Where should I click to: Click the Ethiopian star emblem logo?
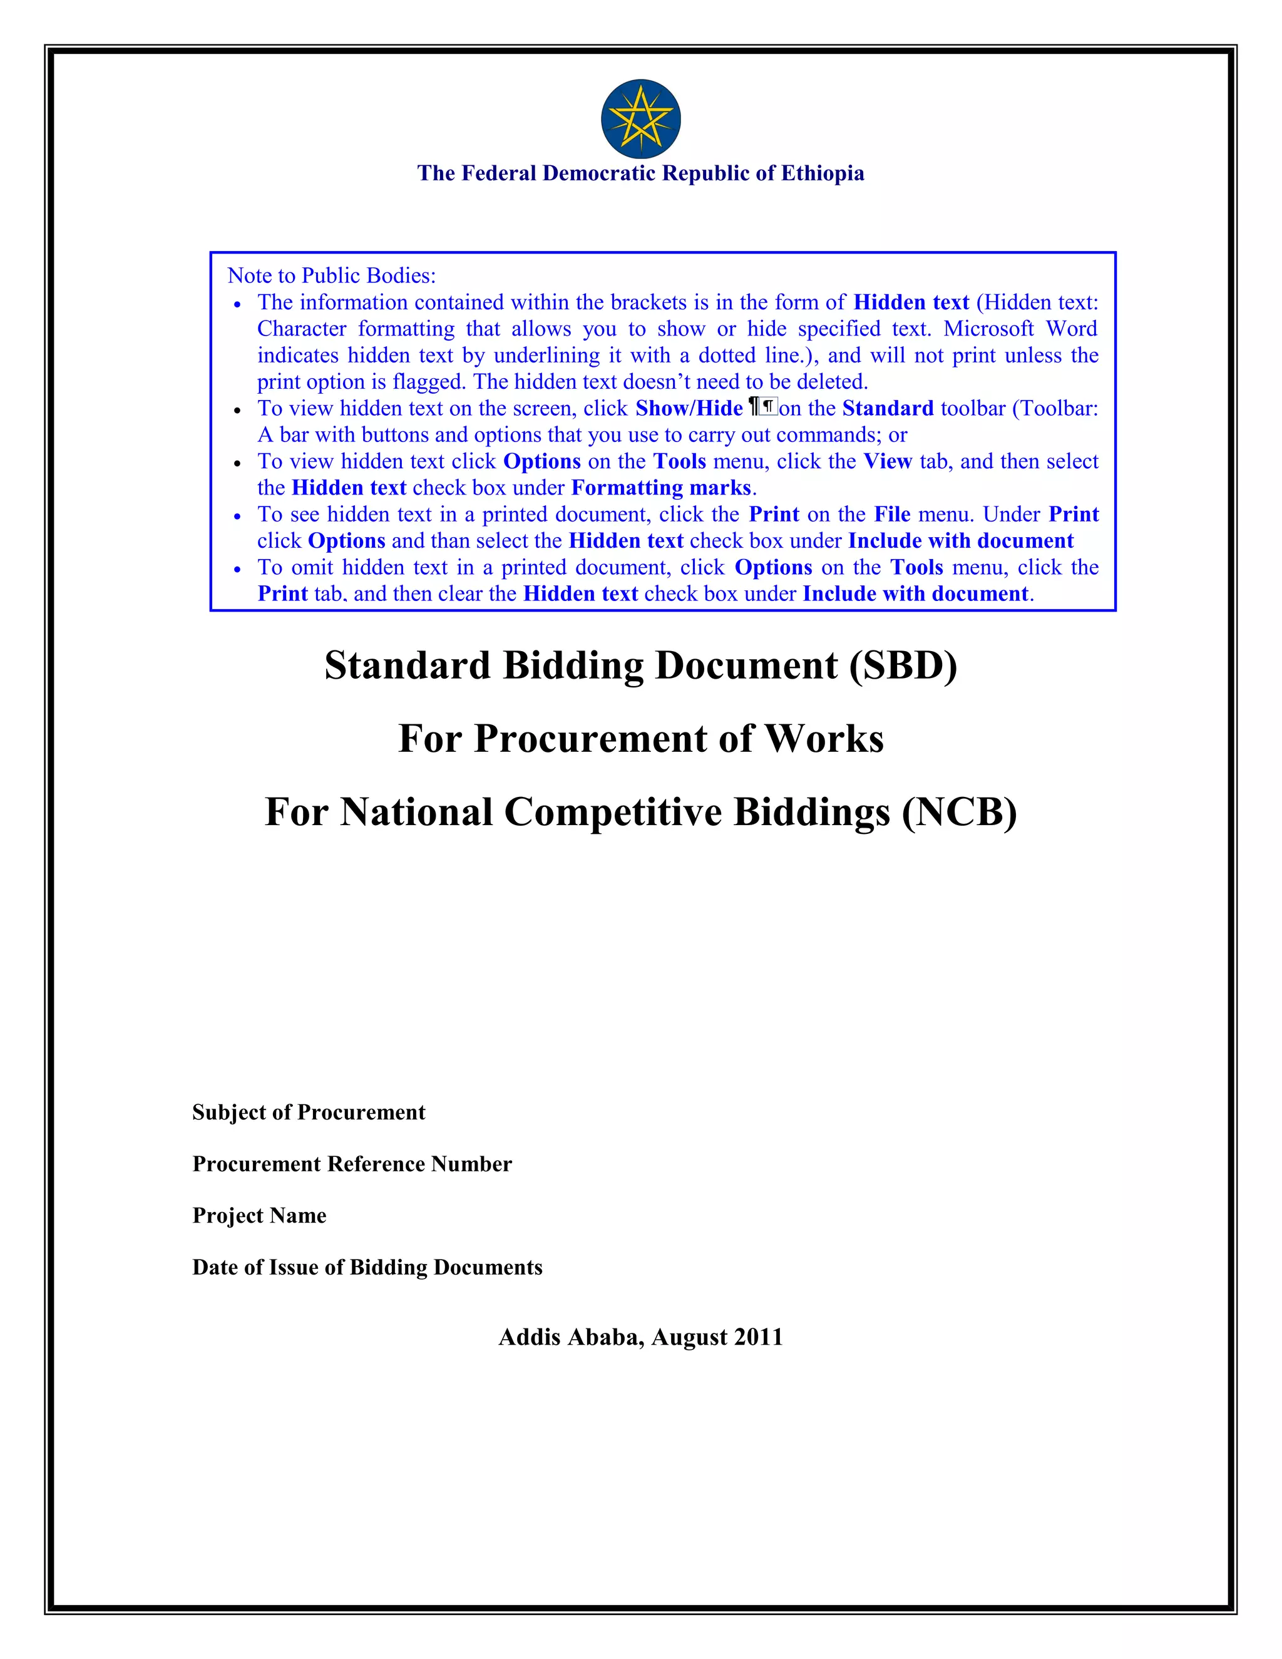click(x=640, y=118)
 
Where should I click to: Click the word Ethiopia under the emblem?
click(x=823, y=173)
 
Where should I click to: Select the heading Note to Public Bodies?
click(x=331, y=275)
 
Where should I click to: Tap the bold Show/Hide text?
click(x=689, y=408)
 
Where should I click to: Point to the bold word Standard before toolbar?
click(x=888, y=408)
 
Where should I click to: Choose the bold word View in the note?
click(x=888, y=461)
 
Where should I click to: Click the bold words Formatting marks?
click(x=661, y=488)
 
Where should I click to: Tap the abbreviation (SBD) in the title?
click(x=903, y=665)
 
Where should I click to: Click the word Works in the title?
click(x=824, y=738)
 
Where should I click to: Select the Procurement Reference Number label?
click(x=352, y=1164)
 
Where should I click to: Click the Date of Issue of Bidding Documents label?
click(x=367, y=1267)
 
